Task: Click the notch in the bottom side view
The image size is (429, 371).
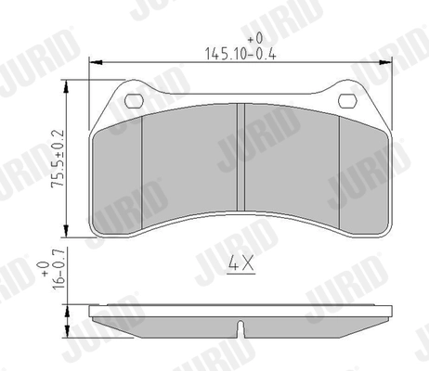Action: [240, 326]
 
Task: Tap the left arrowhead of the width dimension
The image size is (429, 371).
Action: [92, 62]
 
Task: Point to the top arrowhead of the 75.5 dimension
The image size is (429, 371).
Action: [67, 85]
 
